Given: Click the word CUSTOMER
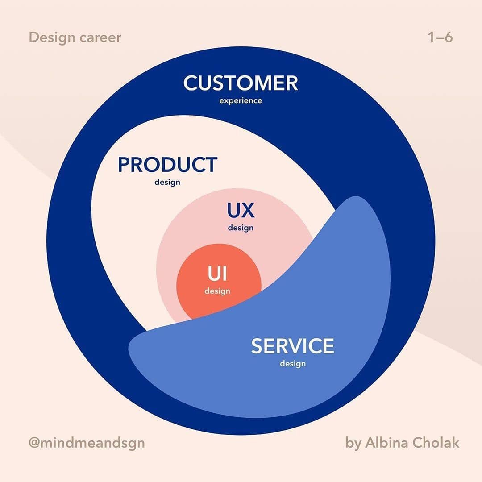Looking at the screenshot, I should tap(241, 83).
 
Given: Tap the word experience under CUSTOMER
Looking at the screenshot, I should tap(241, 101).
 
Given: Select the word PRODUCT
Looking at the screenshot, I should tap(167, 165).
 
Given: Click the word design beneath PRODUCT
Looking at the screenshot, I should tap(167, 183).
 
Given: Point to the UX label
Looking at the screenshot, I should tap(241, 210).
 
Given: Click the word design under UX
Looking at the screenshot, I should tap(241, 228).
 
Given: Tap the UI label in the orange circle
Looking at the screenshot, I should tap(217, 274).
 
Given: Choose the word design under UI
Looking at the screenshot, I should tap(217, 291).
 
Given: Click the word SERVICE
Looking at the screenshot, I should tap(292, 346).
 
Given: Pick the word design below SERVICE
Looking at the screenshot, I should tap(293, 364).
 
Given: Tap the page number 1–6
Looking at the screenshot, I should tap(440, 37).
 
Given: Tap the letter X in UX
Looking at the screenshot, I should tap(248, 210).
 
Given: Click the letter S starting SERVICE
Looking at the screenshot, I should tap(257, 346).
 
